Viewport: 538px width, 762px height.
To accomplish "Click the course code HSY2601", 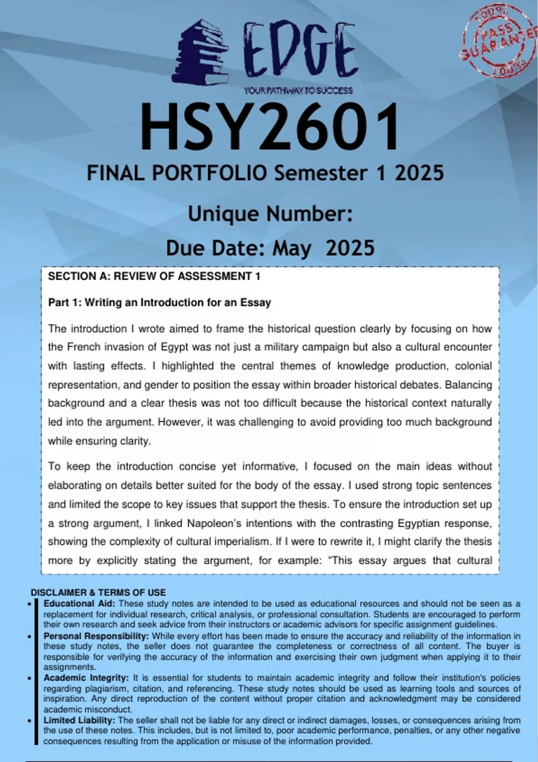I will (x=269, y=127).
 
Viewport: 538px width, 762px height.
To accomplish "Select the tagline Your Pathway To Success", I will (x=298, y=91).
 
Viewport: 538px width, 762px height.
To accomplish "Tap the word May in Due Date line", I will (x=292, y=248).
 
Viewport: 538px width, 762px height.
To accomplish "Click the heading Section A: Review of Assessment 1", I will (x=154, y=277).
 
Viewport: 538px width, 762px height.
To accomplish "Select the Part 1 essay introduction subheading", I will (x=160, y=303).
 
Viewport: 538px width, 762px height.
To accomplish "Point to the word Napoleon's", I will (x=213, y=523).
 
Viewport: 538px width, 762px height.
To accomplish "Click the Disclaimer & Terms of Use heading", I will (x=98, y=593).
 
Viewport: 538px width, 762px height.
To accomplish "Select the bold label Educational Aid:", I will (x=79, y=604).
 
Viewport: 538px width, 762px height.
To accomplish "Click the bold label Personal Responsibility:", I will (x=96, y=636).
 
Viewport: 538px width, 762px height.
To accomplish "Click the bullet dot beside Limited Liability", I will (x=29, y=721).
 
